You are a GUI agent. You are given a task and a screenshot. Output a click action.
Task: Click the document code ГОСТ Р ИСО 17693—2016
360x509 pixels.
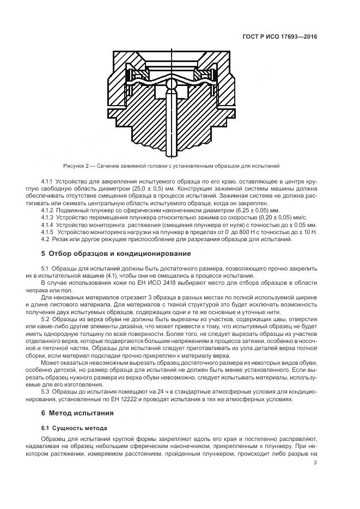pyautogui.click(x=279, y=36)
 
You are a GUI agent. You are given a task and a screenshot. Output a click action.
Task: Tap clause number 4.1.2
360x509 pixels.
pyautogui.click(x=49, y=210)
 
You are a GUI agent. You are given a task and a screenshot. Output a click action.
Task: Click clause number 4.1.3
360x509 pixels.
pyautogui.click(x=49, y=217)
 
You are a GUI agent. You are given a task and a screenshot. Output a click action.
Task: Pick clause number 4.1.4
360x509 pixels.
pyautogui.click(x=49, y=224)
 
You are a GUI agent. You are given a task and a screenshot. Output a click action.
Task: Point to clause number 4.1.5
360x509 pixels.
pyautogui.click(x=49, y=231)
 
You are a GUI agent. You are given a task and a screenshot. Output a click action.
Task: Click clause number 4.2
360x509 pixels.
pyautogui.click(x=46, y=238)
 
